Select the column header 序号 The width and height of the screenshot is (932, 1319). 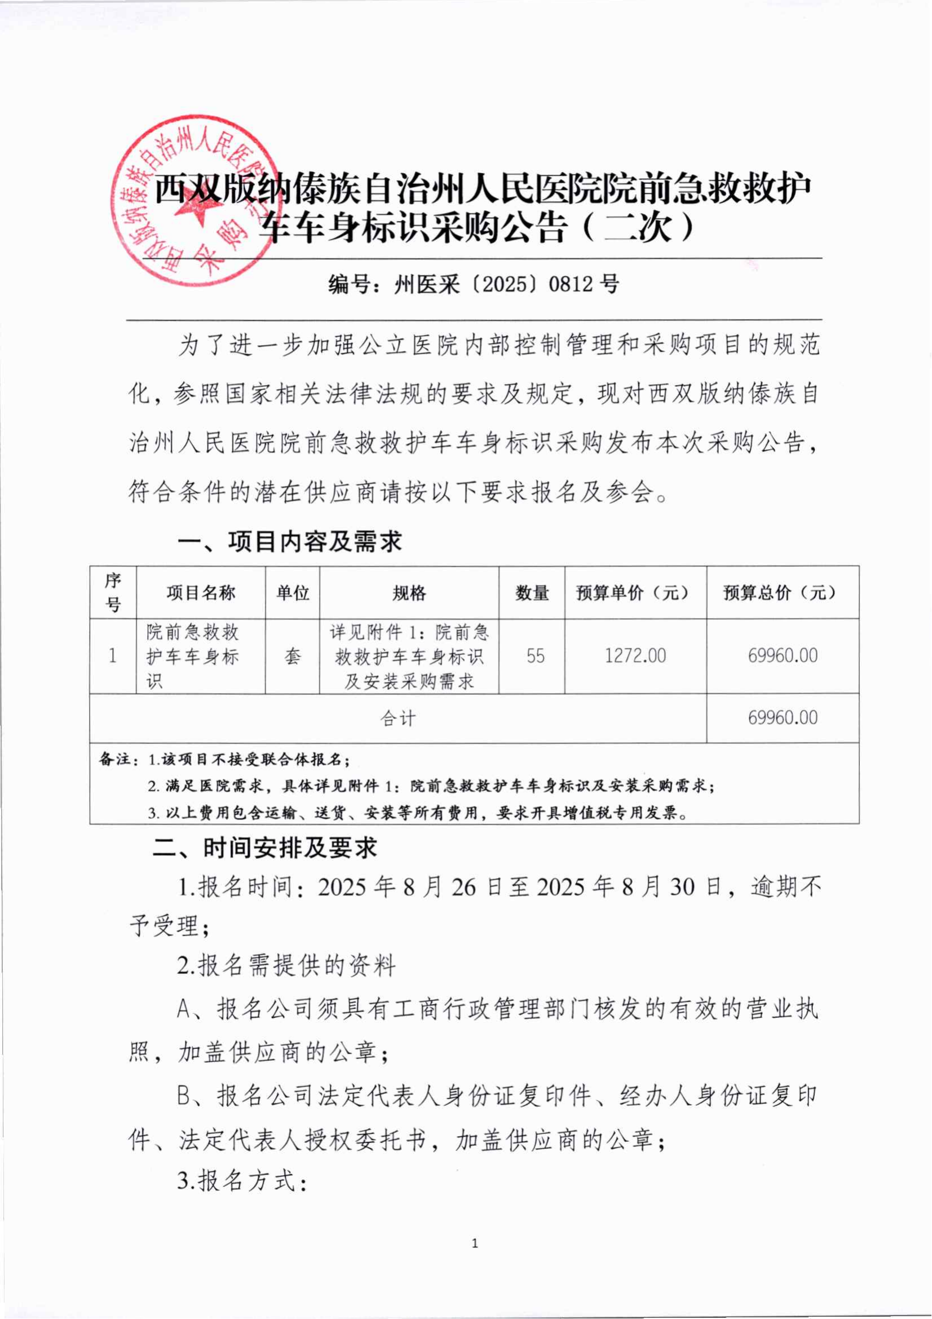point(113,592)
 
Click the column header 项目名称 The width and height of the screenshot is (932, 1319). point(201,592)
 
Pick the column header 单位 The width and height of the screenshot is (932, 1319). point(292,592)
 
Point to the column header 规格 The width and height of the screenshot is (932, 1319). point(409,592)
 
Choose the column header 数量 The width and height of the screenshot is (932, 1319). point(532,592)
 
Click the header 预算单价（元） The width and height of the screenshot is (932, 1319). point(635,592)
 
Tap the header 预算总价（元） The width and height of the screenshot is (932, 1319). point(782,592)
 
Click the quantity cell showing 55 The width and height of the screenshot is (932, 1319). point(535,655)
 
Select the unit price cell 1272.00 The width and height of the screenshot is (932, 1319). point(635,655)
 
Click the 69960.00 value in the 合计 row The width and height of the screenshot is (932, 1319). point(782,717)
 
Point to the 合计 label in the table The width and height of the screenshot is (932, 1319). point(398,718)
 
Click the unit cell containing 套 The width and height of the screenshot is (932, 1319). point(292,656)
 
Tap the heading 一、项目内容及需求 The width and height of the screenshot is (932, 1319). point(290,542)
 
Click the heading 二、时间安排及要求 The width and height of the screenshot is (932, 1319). point(266,848)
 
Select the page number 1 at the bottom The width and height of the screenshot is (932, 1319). point(474,1244)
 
